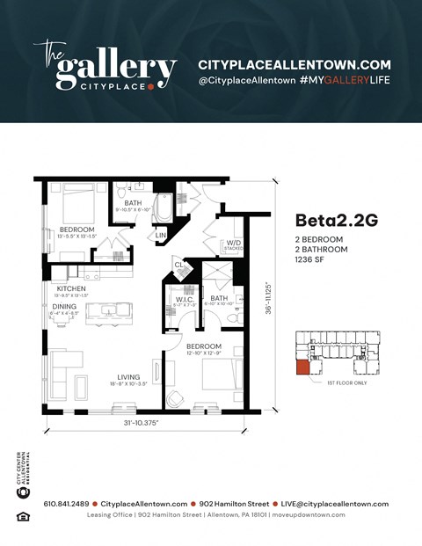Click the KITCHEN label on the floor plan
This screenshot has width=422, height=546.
[70, 288]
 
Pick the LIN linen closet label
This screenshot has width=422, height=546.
[161, 235]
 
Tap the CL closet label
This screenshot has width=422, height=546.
[178, 264]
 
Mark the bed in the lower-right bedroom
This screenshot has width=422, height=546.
[217, 375]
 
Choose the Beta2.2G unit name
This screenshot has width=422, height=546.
[337, 220]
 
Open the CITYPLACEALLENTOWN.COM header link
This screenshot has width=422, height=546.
[294, 64]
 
